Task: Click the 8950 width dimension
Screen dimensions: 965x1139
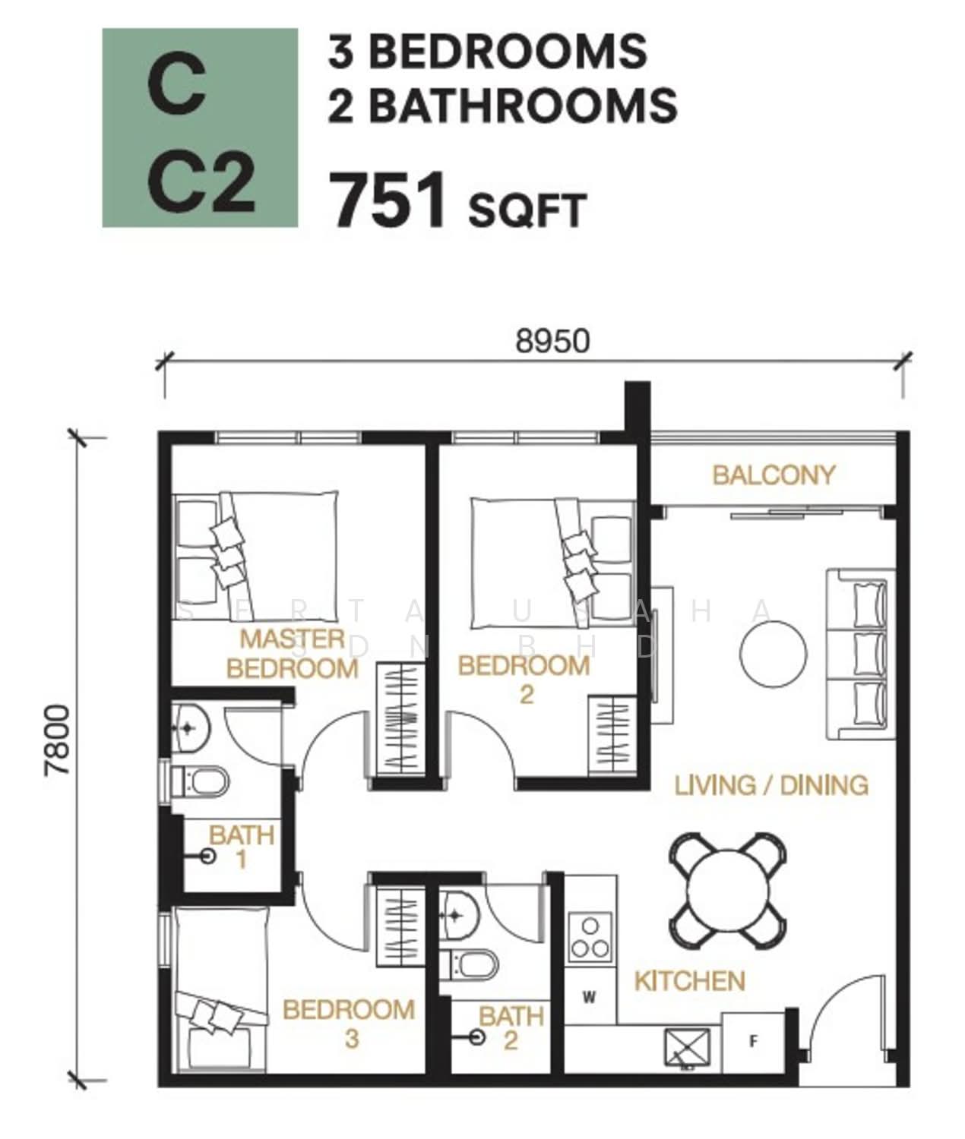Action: [x=552, y=341]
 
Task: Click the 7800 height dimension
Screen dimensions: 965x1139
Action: [x=57, y=740]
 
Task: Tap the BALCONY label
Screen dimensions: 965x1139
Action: [x=774, y=475]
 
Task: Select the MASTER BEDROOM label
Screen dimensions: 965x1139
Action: [x=293, y=654]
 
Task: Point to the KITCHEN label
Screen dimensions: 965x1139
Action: [x=690, y=981]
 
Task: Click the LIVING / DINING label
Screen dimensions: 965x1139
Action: [x=771, y=786]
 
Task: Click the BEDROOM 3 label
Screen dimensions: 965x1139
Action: [x=349, y=1024]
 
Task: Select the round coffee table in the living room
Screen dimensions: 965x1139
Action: [x=774, y=654]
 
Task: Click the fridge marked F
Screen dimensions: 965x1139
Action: [x=753, y=1041]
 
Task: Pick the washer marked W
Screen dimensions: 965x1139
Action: [x=589, y=997]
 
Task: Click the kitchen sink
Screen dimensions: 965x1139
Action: [x=687, y=1049]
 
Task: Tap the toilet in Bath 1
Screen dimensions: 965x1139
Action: [x=200, y=781]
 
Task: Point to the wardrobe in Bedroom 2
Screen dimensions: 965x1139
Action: [x=612, y=737]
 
